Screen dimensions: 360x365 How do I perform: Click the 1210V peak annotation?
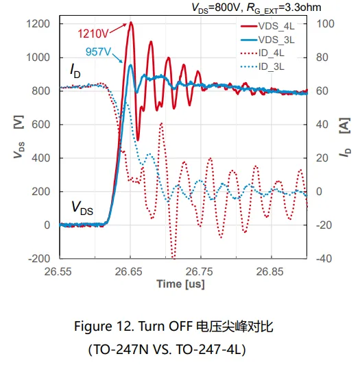(x=93, y=34)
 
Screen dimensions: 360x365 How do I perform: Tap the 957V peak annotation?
(x=98, y=51)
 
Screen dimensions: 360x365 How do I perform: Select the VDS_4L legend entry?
(x=267, y=26)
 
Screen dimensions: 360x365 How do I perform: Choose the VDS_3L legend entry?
(x=267, y=40)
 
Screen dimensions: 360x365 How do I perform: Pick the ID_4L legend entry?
(x=263, y=53)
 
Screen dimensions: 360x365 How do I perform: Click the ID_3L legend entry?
(x=263, y=67)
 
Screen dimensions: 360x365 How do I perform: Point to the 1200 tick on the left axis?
(x=38, y=24)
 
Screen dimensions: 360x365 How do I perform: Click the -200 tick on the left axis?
(x=39, y=258)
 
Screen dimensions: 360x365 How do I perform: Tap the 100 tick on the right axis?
(x=325, y=24)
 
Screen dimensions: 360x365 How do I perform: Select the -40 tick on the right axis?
(x=324, y=258)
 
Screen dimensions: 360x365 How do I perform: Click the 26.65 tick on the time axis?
(x=128, y=271)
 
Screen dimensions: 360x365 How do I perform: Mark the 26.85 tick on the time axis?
(x=269, y=271)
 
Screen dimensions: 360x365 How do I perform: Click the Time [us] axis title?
(x=181, y=284)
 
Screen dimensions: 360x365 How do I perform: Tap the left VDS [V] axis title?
(x=19, y=137)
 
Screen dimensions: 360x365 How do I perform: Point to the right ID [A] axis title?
(x=345, y=138)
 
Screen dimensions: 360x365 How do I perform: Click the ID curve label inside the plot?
(x=75, y=71)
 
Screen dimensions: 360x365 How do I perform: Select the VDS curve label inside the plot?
(x=82, y=208)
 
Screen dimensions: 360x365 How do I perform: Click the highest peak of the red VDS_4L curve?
(x=131, y=23)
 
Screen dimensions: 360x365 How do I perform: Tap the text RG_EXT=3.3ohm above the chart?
(x=284, y=8)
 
